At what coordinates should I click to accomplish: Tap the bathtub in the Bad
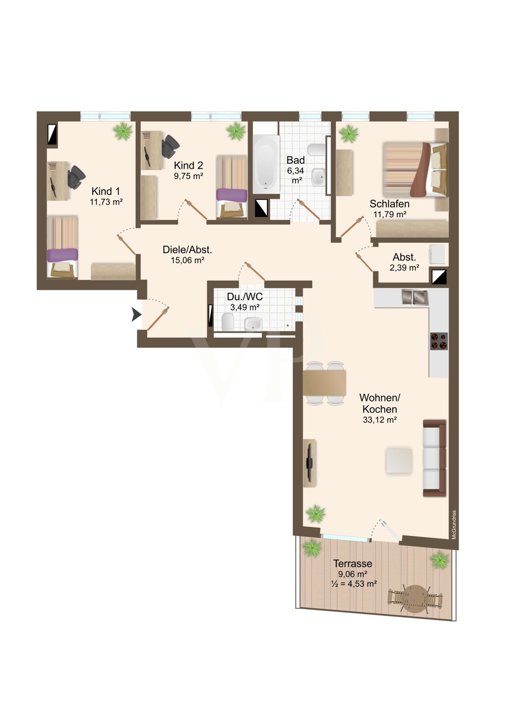pyautogui.click(x=265, y=164)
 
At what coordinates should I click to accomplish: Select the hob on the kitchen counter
pyautogui.click(x=439, y=342)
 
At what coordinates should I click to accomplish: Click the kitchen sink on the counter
pyautogui.click(x=415, y=297)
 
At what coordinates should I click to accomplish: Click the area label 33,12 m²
pyautogui.click(x=380, y=420)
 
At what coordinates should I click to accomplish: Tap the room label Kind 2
pyautogui.click(x=188, y=165)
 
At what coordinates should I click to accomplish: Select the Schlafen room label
pyautogui.click(x=389, y=204)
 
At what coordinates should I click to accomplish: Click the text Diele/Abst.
pyautogui.click(x=187, y=250)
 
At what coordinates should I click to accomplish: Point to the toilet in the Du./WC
pyautogui.click(x=228, y=322)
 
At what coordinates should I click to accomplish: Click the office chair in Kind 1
pyautogui.click(x=76, y=176)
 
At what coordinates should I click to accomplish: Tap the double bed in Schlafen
pyautogui.click(x=415, y=169)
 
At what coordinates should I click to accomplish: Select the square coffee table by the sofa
pyautogui.click(x=399, y=460)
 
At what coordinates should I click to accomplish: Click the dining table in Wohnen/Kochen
pyautogui.click(x=324, y=382)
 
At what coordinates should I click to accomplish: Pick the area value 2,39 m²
pyautogui.click(x=405, y=268)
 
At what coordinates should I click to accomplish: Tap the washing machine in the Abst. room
pyautogui.click(x=437, y=254)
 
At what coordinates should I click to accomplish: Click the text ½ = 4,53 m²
pyautogui.click(x=353, y=583)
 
